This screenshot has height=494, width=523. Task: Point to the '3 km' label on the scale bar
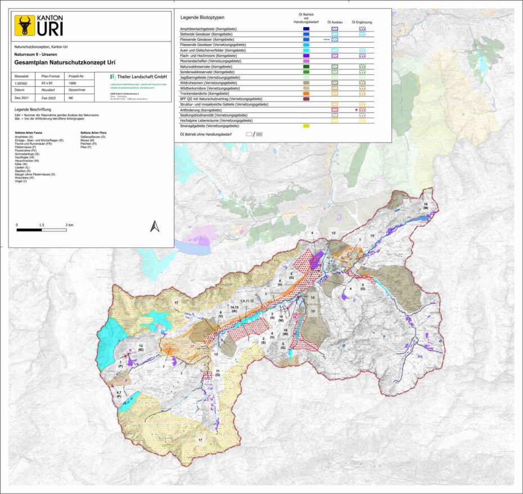click(x=70, y=224)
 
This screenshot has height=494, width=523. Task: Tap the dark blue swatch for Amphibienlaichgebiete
click(x=306, y=28)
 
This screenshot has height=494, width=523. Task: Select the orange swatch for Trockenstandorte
click(x=306, y=94)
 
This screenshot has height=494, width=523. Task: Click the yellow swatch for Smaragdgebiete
click(x=306, y=126)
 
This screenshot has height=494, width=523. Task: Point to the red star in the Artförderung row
click(x=357, y=110)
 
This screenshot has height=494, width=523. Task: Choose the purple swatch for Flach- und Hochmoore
click(x=306, y=56)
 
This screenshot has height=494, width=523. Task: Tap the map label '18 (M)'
click(x=426, y=206)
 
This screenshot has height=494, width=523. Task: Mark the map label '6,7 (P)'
click(x=119, y=394)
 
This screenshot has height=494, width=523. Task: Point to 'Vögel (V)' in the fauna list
click(x=22, y=182)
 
